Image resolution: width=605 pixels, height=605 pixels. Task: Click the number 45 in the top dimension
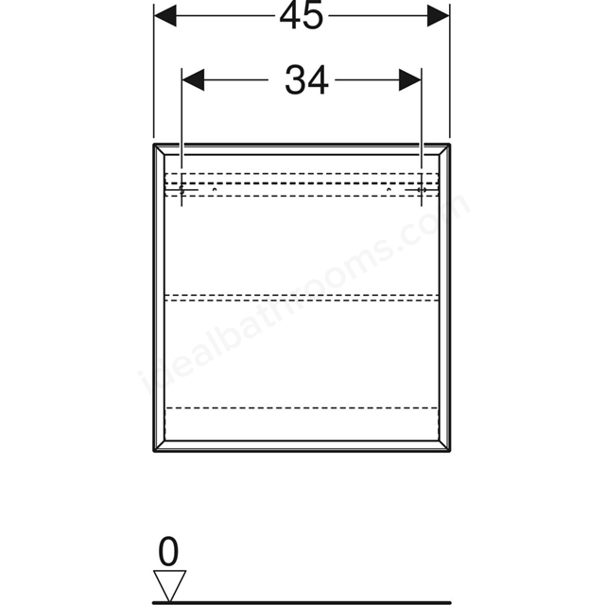[x=301, y=17]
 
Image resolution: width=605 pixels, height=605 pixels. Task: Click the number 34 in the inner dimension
[x=306, y=80]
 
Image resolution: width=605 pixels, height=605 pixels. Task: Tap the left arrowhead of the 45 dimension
[x=165, y=16]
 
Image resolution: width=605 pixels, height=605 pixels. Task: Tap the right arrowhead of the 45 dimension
[x=439, y=16]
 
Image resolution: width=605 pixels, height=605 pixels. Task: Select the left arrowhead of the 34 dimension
[x=193, y=80]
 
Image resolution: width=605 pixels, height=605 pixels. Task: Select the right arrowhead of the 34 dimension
[x=410, y=80]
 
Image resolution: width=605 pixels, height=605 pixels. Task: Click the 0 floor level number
[x=168, y=552]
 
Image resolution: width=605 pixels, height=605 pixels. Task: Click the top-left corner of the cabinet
[x=154, y=145]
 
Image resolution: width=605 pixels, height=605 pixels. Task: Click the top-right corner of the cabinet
[x=450, y=145]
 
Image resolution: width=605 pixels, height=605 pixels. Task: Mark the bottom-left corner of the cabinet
[x=154, y=451]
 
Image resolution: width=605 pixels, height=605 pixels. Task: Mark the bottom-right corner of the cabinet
[x=450, y=451]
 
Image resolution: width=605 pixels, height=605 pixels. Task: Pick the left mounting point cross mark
[x=181, y=190]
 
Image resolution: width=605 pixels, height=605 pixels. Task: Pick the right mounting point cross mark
[x=422, y=190]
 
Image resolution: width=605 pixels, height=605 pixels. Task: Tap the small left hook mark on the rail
[x=215, y=189]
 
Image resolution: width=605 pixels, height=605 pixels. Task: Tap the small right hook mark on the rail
[x=389, y=189]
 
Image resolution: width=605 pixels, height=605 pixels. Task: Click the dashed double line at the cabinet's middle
[x=302, y=297]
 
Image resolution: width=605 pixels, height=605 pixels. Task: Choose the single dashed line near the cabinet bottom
[x=302, y=407]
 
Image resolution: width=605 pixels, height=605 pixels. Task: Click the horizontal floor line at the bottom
[x=302, y=602]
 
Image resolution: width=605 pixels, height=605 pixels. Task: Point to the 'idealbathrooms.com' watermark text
[x=304, y=294]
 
